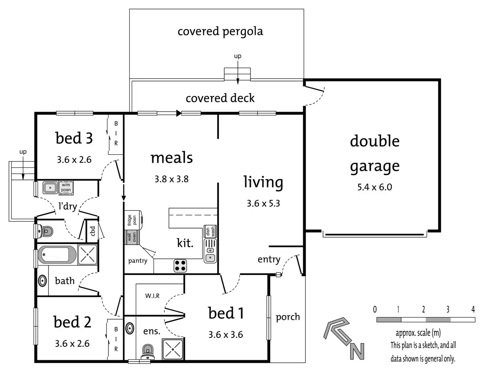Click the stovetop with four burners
[x=180, y=265]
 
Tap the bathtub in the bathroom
[x=57, y=255]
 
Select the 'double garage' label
[x=375, y=154]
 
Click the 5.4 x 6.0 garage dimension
[x=375, y=187]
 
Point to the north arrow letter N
[x=357, y=351]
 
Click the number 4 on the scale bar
[x=473, y=309]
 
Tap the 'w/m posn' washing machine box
[x=66, y=187]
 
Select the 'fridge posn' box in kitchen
[x=133, y=220]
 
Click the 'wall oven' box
[x=132, y=237]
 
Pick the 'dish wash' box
[x=210, y=232]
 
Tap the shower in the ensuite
[x=173, y=349]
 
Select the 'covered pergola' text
[x=220, y=32]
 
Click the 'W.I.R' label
[x=152, y=296]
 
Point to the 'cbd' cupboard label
[x=93, y=231]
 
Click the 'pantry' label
[x=138, y=261]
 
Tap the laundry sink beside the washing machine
[x=50, y=188]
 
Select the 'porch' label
[x=288, y=317]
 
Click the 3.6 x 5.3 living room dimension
[x=263, y=203]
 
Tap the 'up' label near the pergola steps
[x=238, y=56]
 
